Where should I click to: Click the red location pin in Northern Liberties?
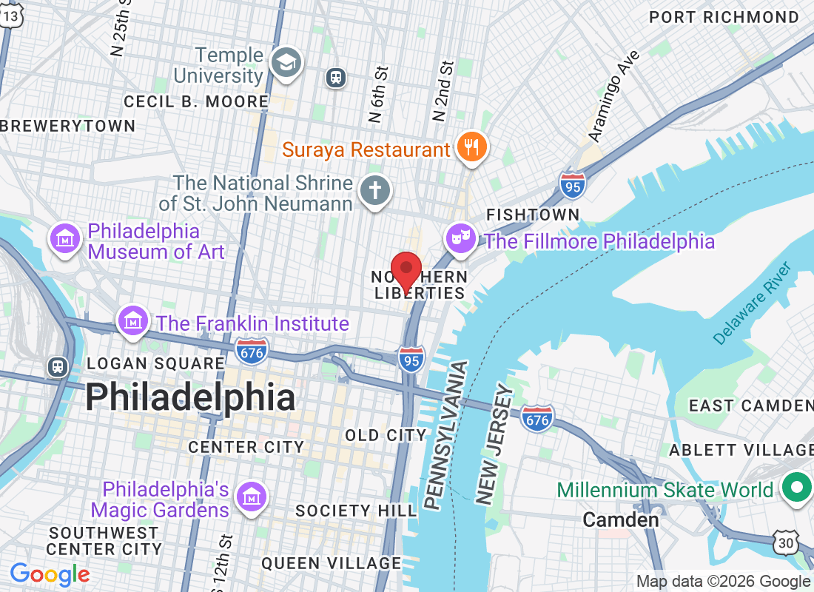coord(406,271)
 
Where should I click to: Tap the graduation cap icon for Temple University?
coord(285,64)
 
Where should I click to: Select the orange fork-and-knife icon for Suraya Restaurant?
coord(471,148)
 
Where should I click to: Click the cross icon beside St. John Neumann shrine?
coord(374,192)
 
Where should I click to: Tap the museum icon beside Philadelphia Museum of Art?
coord(65,240)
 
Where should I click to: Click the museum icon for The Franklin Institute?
coord(133,322)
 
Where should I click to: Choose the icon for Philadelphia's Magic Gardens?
coord(252,499)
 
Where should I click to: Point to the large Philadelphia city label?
coord(190,398)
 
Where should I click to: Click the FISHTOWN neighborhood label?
coord(533,215)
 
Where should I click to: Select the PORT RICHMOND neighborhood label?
coord(724,17)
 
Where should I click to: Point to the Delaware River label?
coord(752,303)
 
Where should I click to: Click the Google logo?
coord(50,574)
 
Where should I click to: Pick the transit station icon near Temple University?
coord(336,77)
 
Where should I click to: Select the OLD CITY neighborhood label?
coord(386,435)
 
